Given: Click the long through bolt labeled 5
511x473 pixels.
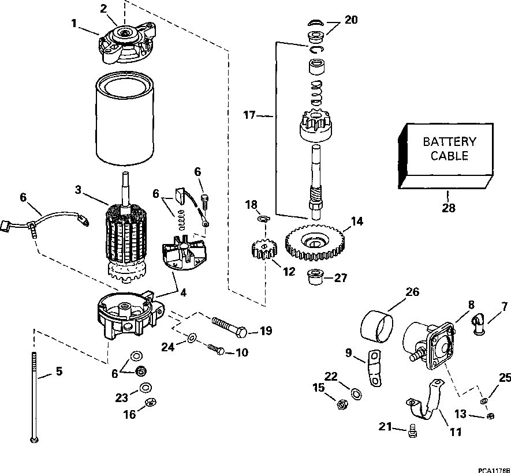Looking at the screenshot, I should click(35, 398).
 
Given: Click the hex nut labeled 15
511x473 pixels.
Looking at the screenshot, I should click(340, 404).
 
